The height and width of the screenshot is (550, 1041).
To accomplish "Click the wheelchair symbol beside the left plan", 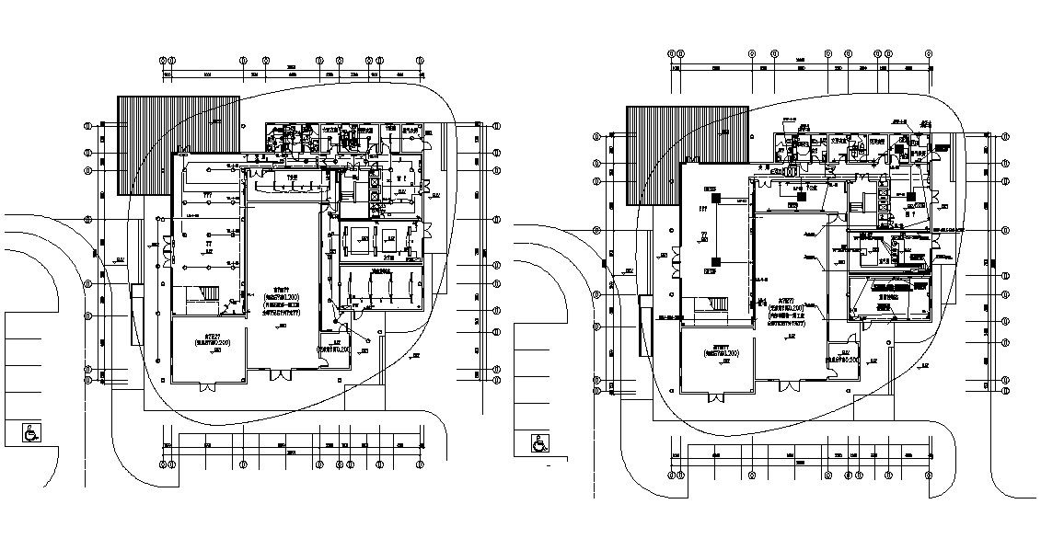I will [x=30, y=431].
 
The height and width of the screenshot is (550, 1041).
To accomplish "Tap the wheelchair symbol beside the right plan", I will [x=538, y=443].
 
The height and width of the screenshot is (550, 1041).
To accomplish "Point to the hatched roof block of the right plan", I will [x=686, y=154].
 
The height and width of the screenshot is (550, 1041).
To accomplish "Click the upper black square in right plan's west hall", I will [x=711, y=190].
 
